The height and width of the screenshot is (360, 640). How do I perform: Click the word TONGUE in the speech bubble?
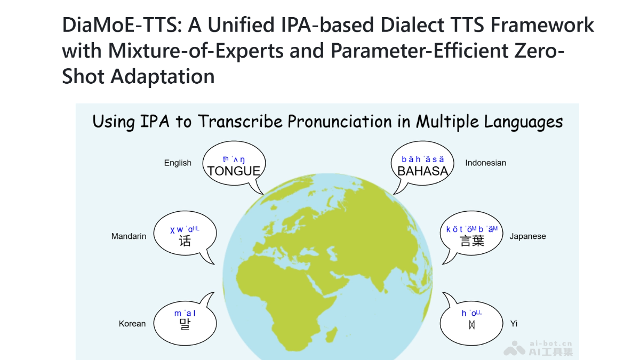pyautogui.click(x=234, y=171)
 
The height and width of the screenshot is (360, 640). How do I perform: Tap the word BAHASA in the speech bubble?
pyautogui.click(x=422, y=171)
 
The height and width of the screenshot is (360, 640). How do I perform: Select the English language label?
pyautogui.click(x=178, y=163)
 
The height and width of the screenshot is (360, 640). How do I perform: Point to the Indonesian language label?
pyautogui.click(x=485, y=163)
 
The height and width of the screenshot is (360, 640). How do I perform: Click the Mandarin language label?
pyautogui.click(x=129, y=236)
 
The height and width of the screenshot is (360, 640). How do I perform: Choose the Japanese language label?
pyautogui.click(x=527, y=236)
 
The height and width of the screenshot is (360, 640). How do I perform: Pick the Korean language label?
pyautogui.click(x=132, y=324)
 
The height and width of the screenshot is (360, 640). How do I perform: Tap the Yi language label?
pyautogui.click(x=514, y=324)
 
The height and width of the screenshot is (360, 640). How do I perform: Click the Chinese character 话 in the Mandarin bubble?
pyautogui.click(x=185, y=241)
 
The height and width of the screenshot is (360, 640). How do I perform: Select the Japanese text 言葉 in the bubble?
pyautogui.click(x=472, y=241)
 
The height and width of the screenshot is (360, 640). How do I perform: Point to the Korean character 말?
pyautogui.click(x=185, y=324)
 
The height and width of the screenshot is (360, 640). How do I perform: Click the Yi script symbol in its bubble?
pyautogui.click(x=471, y=324)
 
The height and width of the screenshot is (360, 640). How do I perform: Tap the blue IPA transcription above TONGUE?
pyautogui.click(x=234, y=159)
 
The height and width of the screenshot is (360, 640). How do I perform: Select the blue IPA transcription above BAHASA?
pyautogui.click(x=422, y=159)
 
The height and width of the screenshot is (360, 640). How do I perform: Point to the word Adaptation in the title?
pyautogui.click(x=163, y=76)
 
